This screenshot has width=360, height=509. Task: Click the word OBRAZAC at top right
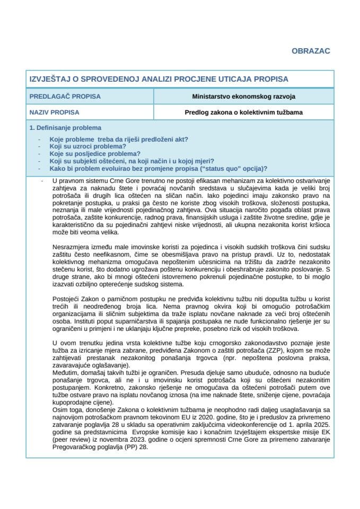pos(311,51)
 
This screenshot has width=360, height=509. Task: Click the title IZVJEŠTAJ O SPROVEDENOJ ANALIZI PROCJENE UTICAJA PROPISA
pos(159,79)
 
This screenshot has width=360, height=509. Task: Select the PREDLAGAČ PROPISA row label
pos(65,96)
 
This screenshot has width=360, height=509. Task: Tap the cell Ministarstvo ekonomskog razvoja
pos(244,96)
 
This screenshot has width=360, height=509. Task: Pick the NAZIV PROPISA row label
pos(54,112)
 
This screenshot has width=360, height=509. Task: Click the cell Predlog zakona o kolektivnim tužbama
pos(244,112)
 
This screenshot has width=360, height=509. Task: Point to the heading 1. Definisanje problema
pos(65,128)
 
